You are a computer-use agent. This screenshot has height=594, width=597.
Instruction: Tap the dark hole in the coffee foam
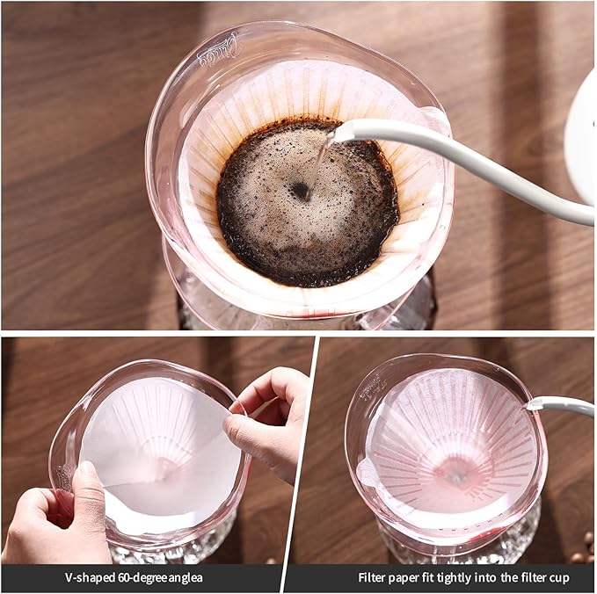click(301, 190)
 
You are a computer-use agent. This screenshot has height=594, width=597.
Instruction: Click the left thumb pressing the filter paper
click(88, 492)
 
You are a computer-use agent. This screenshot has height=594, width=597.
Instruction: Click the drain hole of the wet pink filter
click(455, 472)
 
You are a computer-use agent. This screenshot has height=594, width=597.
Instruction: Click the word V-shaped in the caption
click(88, 578)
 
